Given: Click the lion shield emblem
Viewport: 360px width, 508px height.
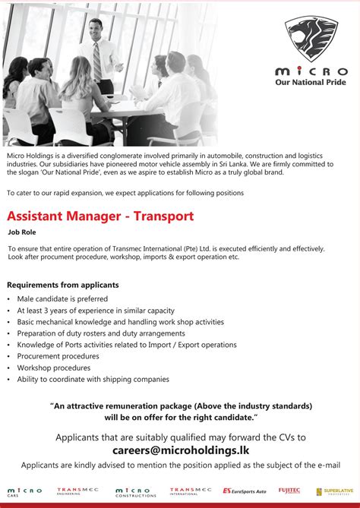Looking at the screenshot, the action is point(311,39).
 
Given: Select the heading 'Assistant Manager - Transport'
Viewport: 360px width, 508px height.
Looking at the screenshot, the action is point(100,216).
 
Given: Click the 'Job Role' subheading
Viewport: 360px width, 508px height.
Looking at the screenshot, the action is point(22,232).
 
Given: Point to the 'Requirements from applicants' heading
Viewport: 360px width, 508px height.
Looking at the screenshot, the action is point(63,286).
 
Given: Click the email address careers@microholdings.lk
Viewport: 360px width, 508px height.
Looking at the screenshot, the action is point(180,450).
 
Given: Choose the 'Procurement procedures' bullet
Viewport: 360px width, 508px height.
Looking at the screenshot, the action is point(58,356).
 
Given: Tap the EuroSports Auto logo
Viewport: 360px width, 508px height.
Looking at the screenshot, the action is point(244,492).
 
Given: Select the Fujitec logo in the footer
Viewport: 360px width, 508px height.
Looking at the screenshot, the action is point(289,491).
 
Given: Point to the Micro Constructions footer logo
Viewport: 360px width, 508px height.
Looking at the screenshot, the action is point(135,492).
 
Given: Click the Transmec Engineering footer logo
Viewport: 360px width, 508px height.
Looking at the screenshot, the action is point(77,492).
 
